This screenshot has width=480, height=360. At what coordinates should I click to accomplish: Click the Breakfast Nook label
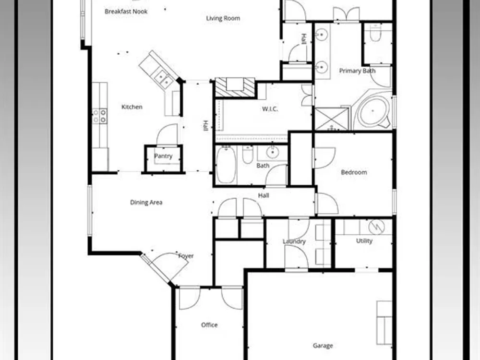(126, 12)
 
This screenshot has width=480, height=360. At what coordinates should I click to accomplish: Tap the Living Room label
(223, 18)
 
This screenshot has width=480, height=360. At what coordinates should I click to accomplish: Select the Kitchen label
(132, 107)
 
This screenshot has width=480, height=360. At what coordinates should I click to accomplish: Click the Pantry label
(163, 156)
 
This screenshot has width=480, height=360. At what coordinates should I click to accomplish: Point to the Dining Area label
(146, 203)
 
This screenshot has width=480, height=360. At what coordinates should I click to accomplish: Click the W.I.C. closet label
(270, 109)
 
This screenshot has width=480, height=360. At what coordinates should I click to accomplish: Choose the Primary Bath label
(357, 71)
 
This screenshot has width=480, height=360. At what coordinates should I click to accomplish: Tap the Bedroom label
(354, 172)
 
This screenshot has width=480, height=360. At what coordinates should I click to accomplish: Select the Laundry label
(294, 241)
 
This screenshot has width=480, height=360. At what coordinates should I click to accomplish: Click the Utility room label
(364, 241)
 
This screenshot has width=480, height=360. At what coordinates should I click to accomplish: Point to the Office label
(209, 325)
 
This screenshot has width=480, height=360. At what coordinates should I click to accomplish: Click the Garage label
(323, 346)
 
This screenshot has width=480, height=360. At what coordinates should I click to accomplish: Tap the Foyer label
(186, 256)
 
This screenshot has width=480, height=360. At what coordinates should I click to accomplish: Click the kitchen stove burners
(100, 116)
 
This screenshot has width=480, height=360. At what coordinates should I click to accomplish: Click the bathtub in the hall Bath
(226, 165)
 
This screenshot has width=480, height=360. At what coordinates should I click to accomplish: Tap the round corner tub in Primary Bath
(373, 111)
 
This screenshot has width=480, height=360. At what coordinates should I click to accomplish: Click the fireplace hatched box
(235, 87)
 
